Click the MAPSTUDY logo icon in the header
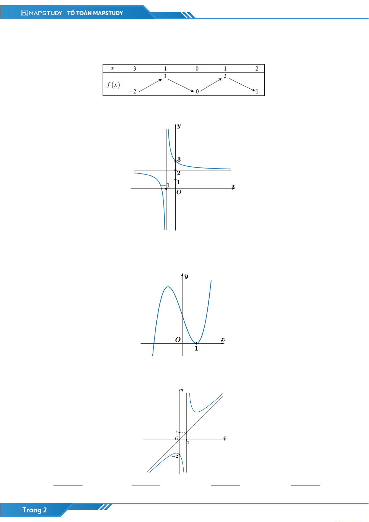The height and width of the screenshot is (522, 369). point(24,13)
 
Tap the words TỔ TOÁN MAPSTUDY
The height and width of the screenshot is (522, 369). point(95,13)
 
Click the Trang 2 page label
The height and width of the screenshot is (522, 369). point(34,510)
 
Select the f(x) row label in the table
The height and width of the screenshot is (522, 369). point(113,85)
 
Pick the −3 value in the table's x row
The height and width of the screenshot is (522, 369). point(132,68)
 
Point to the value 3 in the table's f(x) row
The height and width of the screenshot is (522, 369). point(165,76)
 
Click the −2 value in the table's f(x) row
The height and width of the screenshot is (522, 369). point(132,91)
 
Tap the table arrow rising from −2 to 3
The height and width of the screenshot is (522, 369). point(150,85)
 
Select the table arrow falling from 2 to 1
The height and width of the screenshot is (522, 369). point(242,85)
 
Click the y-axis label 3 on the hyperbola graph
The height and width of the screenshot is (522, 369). point(179,160)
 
